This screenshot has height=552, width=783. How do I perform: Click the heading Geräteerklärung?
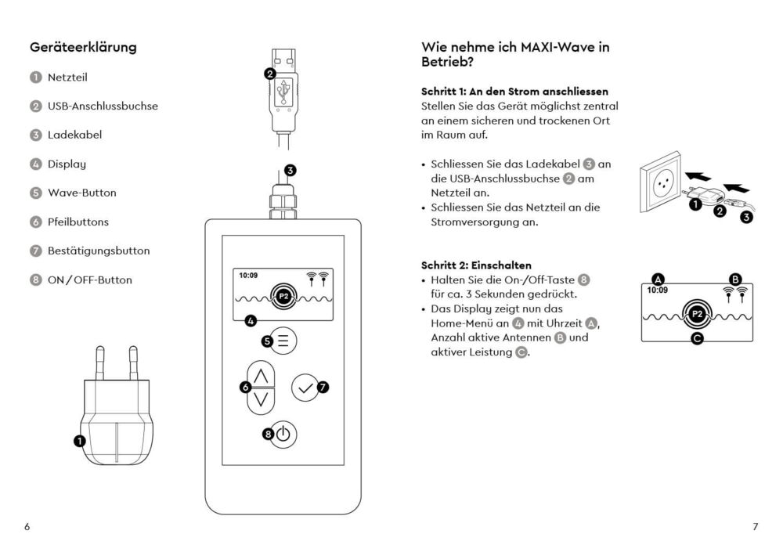pyautogui.click(x=83, y=47)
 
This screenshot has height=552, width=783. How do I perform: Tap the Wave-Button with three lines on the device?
pyautogui.click(x=283, y=341)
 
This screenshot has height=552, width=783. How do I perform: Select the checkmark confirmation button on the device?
pyautogui.click(x=305, y=387)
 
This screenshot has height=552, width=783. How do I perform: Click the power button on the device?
pyautogui.click(x=283, y=434)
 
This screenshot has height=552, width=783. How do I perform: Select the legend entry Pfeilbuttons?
pyautogui.click(x=78, y=222)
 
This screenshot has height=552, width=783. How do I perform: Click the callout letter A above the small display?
pyautogui.click(x=658, y=279)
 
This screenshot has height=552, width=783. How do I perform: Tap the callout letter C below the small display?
pyautogui.click(x=697, y=339)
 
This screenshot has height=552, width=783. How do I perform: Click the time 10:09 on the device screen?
pyautogui.click(x=250, y=276)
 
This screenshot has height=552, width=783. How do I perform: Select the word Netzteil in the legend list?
pyautogui.click(x=67, y=77)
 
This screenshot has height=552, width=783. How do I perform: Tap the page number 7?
pyautogui.click(x=755, y=527)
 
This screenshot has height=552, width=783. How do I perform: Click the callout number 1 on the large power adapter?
pyautogui.click(x=79, y=441)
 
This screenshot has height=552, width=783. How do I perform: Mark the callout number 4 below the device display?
pyautogui.click(x=251, y=320)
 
